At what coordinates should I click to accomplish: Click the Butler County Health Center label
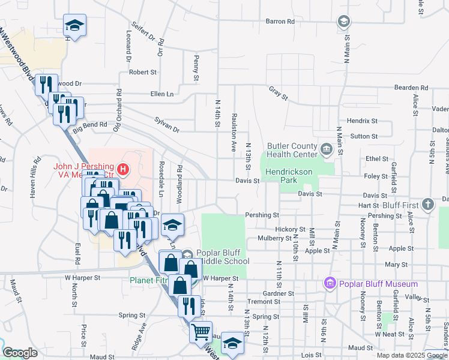pos(292,150)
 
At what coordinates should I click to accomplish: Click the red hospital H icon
pos(123,170)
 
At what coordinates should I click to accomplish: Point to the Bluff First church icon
pos(427,204)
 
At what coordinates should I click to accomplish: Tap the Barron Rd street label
pos(280,22)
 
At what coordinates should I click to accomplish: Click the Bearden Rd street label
pos(412,88)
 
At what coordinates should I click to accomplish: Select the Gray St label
pos(279,93)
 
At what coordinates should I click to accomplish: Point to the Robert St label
pos(143,72)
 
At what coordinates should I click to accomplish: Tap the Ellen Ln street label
pos(161,94)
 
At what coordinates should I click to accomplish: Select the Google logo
pos(20,353)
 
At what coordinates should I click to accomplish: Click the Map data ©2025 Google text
pos(412,355)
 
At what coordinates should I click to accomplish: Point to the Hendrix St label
pos(362,121)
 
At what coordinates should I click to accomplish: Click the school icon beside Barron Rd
pos(344,22)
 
